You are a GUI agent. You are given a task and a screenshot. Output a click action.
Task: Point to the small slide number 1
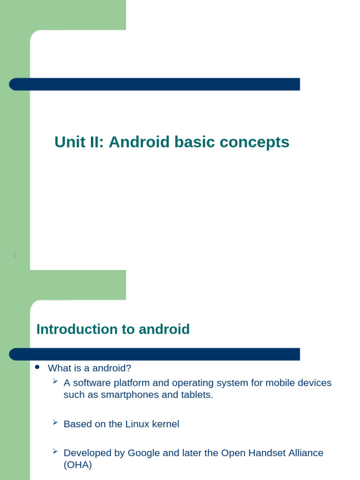pos(15,255)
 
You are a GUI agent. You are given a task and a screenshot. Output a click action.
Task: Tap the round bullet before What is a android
pos(38,367)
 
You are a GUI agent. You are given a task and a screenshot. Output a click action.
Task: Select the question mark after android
pos(129,368)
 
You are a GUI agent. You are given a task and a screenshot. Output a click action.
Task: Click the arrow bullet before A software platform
pos(55,382)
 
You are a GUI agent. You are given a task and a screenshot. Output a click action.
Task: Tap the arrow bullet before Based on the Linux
pos(55,423)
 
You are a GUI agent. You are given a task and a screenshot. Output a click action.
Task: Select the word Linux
pos(137,424)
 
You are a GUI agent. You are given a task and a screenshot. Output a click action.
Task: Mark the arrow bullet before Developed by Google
pos(55,451)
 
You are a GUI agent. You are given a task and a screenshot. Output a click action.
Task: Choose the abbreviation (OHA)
pos(78,465)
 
